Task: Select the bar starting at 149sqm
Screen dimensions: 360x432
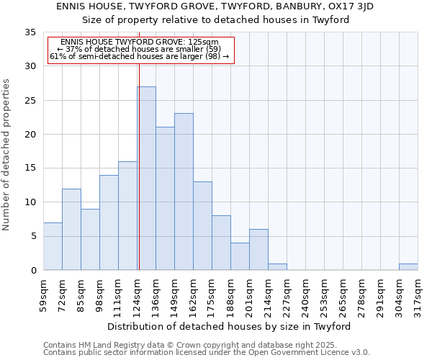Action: click(184, 192)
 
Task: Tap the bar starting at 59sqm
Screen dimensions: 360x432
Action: click(53, 246)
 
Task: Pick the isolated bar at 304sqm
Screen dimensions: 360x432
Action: click(408, 267)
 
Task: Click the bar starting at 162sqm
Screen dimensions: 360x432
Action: click(202, 226)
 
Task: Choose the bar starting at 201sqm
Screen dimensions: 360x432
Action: click(258, 250)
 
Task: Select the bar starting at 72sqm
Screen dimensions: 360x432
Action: click(71, 230)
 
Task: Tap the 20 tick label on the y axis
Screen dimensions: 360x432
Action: click(30, 135)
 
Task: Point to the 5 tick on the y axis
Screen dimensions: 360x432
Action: click(32, 237)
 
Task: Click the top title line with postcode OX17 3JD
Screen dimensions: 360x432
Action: click(215, 6)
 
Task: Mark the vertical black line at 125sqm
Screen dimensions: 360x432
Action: click(138, 166)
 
